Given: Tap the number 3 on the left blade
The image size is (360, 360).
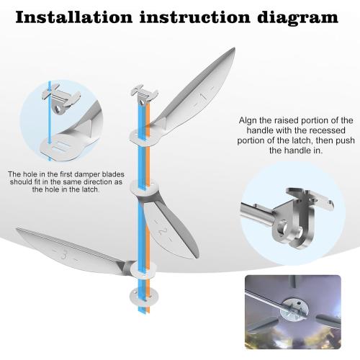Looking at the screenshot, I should click(x=66, y=254).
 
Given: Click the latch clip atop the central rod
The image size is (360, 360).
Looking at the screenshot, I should click(x=141, y=91).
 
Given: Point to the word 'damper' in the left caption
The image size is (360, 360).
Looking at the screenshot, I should click(x=85, y=174).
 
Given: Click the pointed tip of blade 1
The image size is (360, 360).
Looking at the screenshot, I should click(x=234, y=50).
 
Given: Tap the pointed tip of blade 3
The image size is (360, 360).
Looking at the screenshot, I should click(x=16, y=230).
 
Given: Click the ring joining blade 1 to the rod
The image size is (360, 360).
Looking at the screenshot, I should click(x=142, y=134).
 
